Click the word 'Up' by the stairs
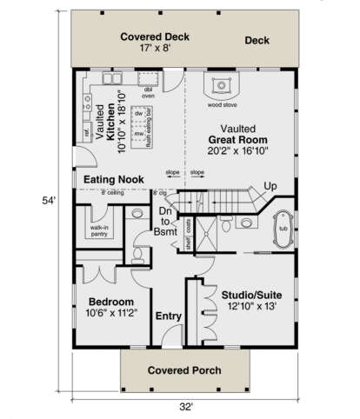tap(271, 187)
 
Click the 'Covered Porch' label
tap(183, 370)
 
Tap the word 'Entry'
tap(167, 316)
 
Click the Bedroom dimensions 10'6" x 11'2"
tap(112, 314)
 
